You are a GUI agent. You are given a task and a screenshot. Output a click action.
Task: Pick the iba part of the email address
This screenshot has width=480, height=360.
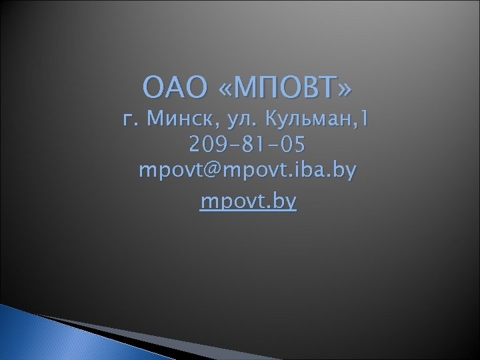[307, 170]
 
